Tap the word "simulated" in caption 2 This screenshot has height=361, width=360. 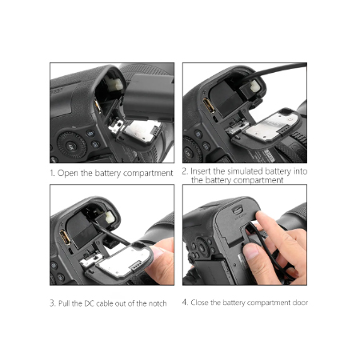(x=246, y=171)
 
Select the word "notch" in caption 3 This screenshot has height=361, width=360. (x=158, y=303)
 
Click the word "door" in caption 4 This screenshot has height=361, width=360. (x=300, y=303)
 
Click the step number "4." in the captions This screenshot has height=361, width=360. (x=185, y=303)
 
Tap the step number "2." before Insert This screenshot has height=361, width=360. (x=185, y=171)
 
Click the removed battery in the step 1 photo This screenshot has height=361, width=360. (x=149, y=98)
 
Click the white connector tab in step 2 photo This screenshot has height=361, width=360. (x=254, y=86)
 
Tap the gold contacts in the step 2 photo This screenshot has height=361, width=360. (x=209, y=106)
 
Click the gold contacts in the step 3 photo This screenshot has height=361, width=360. (x=65, y=237)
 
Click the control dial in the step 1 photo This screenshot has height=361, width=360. (x=72, y=146)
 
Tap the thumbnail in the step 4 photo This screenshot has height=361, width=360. (x=250, y=251)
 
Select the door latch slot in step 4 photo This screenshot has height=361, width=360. (x=238, y=211)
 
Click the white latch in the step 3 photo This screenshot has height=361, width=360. (x=110, y=217)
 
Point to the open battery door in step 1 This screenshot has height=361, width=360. (x=139, y=132)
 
